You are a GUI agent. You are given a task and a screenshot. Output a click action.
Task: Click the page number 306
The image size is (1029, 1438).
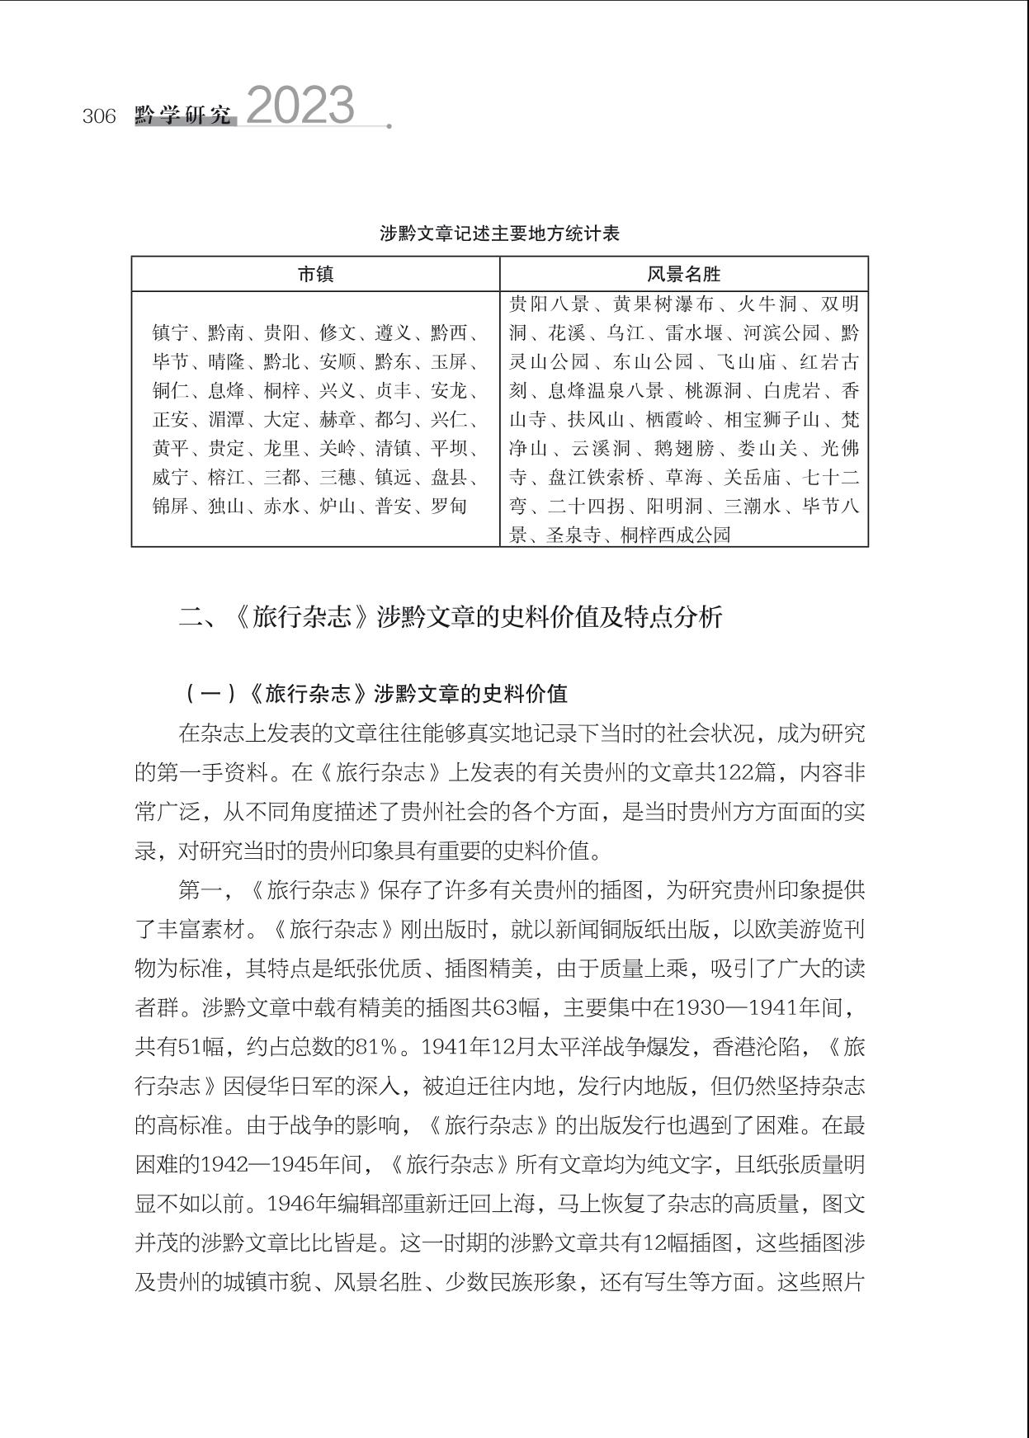point(99,116)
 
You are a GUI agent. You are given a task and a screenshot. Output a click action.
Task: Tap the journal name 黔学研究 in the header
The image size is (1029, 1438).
point(183,116)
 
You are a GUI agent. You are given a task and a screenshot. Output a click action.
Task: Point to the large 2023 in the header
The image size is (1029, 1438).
point(300,106)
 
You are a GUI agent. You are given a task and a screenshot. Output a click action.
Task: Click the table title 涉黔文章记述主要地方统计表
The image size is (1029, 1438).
point(499,233)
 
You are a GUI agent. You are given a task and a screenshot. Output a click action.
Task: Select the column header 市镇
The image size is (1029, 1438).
point(315,275)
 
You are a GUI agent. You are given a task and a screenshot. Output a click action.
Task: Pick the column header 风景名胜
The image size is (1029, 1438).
point(683,275)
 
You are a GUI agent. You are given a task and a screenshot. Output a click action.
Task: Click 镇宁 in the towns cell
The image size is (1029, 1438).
point(172,333)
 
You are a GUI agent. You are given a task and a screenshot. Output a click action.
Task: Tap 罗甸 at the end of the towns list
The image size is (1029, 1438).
point(449,506)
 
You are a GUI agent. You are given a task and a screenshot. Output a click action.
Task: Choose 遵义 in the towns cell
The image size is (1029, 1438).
point(394,333)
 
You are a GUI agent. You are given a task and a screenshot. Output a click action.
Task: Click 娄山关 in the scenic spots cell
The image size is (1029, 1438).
point(767,449)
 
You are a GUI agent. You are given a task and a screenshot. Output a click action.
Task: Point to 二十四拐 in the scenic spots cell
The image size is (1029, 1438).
point(586,506)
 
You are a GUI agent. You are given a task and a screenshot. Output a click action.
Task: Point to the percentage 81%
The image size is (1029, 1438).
point(376,1047)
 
